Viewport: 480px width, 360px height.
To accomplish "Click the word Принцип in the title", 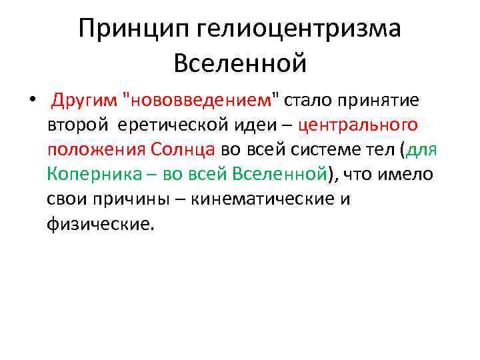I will pos(133,29).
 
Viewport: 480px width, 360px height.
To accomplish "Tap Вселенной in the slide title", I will pos(240,63).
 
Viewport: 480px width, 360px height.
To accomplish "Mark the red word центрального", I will pos(359,125).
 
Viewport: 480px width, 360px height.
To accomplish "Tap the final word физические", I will pos(100,224).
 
